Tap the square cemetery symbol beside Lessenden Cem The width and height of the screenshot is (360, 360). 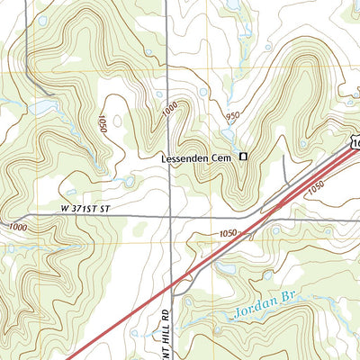click(x=242, y=158)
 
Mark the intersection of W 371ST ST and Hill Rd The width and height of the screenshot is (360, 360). click(x=170, y=217)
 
